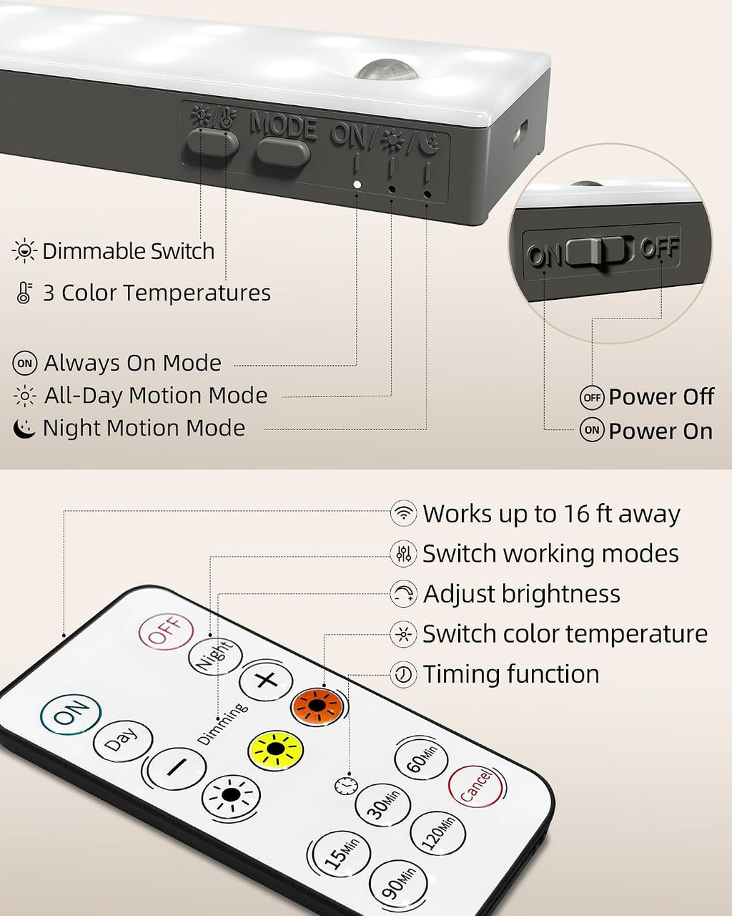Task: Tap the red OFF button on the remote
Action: point(166,631)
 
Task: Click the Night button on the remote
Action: point(215,657)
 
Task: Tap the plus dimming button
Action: point(266,681)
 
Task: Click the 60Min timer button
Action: point(421,760)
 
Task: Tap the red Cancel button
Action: point(475,787)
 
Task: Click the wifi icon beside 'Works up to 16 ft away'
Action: point(402,513)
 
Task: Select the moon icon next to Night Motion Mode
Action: point(24,429)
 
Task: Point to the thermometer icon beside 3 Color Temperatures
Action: point(24,293)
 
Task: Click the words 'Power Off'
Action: point(661,396)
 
